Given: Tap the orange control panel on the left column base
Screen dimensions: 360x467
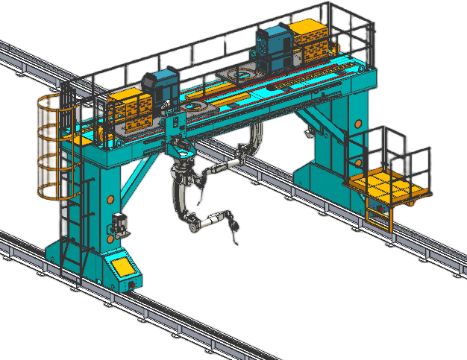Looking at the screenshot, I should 122,266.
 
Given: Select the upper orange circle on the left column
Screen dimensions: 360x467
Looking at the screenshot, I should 109,198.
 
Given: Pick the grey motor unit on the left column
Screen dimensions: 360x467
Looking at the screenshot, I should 119,223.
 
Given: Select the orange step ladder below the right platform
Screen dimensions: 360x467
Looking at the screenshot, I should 377,216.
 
